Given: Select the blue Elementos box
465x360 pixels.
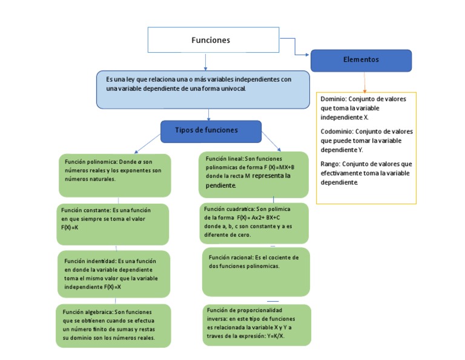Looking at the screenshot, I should (x=361, y=60).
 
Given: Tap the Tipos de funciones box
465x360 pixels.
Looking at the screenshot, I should (x=210, y=131).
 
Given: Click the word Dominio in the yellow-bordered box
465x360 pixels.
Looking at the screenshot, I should (x=333, y=99).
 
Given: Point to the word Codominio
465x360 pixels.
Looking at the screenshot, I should (x=337, y=131).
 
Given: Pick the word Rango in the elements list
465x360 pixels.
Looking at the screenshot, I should (x=330, y=164).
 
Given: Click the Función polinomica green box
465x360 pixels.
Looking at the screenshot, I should (x=114, y=175).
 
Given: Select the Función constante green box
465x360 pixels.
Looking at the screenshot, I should (x=113, y=223).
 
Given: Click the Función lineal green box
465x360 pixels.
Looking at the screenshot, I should (x=253, y=175).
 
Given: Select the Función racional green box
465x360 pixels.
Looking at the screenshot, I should (x=256, y=272).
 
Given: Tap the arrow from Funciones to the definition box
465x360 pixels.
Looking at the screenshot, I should (x=206, y=61).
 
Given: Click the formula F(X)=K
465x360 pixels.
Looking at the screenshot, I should (x=70, y=227).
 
